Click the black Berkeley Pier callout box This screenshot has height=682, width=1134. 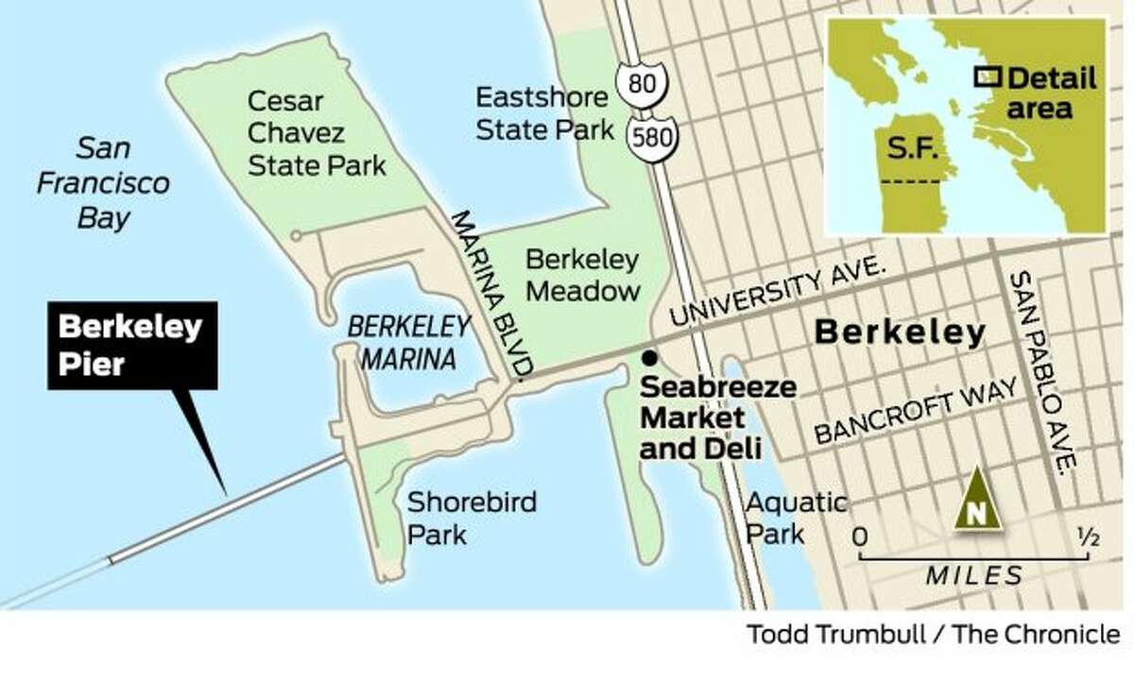tap(131, 346)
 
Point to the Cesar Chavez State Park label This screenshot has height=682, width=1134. tap(316, 133)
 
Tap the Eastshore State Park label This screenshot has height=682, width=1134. tap(545, 112)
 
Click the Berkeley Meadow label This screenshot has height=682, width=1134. tap(582, 274)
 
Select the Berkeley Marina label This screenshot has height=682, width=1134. tap(408, 342)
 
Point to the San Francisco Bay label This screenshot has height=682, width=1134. tap(103, 182)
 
